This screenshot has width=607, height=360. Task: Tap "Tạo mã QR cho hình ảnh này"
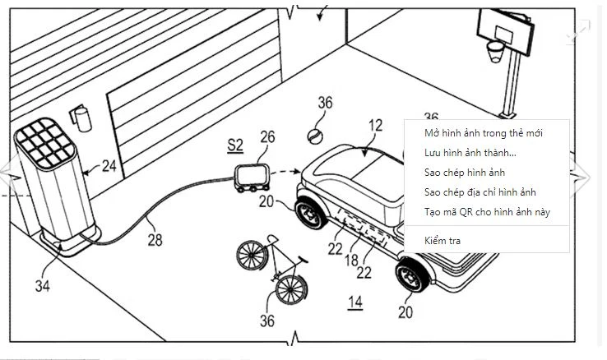pyautogui.click(x=486, y=212)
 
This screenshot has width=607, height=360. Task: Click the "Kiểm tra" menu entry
pyautogui.click(x=443, y=242)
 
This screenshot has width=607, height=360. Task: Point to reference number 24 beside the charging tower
pyautogui.click(x=109, y=166)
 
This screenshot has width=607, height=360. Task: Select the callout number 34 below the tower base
pyautogui.click(x=41, y=285)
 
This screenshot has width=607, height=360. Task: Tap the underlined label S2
pyautogui.click(x=235, y=145)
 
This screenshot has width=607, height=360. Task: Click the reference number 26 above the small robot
pyautogui.click(x=267, y=136)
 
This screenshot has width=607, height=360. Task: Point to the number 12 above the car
pyautogui.click(x=375, y=126)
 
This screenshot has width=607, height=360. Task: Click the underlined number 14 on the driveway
pyautogui.click(x=354, y=302)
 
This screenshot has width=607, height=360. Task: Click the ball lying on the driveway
pyautogui.click(x=313, y=133)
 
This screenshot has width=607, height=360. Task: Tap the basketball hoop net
pyautogui.click(x=494, y=52)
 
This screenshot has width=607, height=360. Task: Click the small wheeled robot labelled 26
pyautogui.click(x=250, y=178)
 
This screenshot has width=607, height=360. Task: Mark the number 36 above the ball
pyautogui.click(x=326, y=103)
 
